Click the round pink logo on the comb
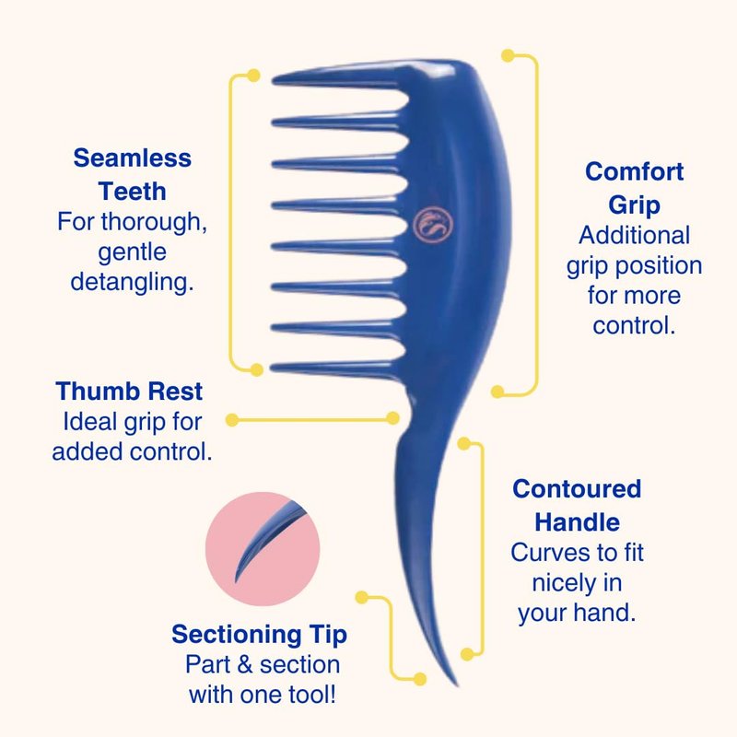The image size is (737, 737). tap(433, 224)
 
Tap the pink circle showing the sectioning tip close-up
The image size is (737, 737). tap(263, 548)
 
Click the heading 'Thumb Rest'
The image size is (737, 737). tap(129, 391)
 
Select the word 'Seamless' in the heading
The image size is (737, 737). tap(132, 158)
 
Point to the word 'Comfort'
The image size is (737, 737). tap(634, 171)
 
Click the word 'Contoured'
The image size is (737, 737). tap(577, 489)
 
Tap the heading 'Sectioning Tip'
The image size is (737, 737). tap(260, 635)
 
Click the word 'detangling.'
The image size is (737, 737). tap(132, 282)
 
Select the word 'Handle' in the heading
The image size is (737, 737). tap(578, 522)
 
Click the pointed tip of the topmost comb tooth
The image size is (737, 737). tap(273, 80)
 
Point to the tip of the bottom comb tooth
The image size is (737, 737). tap(272, 368)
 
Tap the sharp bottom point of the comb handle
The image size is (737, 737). tap(456, 684)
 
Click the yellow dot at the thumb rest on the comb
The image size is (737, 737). tap(392, 418)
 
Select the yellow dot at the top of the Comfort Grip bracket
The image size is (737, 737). tap(508, 55)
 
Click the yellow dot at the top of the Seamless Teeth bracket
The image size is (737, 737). tap(253, 76)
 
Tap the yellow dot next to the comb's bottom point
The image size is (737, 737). tap(420, 679)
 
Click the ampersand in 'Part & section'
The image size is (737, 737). tap(245, 664)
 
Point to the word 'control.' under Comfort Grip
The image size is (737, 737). tap(634, 325)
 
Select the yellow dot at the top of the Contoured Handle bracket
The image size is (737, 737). tap(463, 443)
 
